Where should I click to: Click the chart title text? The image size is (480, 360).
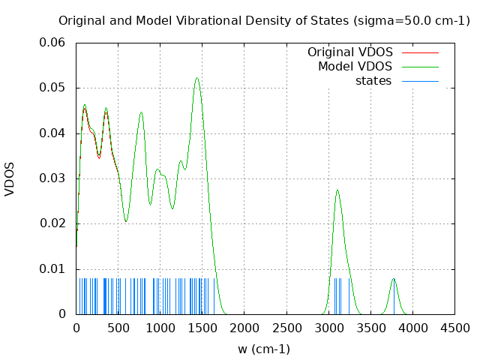264,20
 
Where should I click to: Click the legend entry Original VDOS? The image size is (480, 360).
350,52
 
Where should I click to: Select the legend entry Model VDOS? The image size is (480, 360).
355,67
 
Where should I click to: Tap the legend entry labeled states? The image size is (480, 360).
373,81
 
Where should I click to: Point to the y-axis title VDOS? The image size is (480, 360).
10,178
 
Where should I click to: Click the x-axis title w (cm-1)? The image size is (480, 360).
264,349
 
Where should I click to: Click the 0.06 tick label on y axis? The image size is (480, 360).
52,43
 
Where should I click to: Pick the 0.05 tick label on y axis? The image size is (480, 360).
52,88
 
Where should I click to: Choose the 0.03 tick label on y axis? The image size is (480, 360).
52,178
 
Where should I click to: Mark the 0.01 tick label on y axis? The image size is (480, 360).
52,268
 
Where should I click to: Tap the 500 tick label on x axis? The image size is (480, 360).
118,328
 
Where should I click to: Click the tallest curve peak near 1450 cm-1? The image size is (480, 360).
197,78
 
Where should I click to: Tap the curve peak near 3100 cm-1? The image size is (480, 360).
337,190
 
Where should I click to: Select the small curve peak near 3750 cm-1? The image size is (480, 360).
394,279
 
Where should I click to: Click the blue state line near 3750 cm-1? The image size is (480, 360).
394,300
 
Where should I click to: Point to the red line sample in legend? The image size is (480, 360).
420,52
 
